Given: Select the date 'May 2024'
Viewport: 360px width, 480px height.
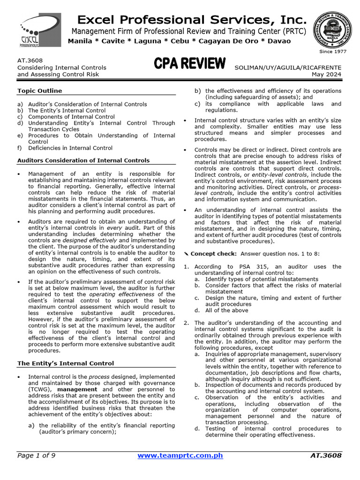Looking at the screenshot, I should pos(327,74).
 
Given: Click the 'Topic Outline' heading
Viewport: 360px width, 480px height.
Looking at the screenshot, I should pos(39,90).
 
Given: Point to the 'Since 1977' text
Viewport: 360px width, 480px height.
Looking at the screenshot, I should pos(332,52).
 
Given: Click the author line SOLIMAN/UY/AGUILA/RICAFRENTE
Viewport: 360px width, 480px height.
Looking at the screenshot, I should pos(288,67).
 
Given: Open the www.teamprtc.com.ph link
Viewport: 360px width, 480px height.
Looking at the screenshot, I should pos(180,455).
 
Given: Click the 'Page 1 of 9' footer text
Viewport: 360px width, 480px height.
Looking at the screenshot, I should pos(36,455).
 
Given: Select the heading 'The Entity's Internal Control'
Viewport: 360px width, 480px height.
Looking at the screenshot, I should pos(65,363).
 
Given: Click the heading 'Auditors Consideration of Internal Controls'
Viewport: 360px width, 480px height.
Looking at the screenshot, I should pos(83,160).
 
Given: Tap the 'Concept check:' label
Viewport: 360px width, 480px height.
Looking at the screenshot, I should pos(214,254).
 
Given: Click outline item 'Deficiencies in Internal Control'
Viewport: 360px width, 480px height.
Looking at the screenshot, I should pos(70,148).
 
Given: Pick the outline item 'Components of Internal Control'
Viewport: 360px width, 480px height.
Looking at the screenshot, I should pos(71,117).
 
